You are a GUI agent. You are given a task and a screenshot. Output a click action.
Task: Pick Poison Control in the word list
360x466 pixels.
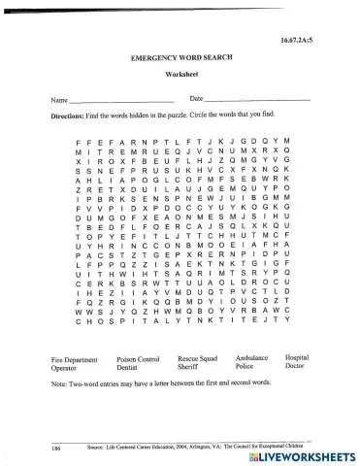138,359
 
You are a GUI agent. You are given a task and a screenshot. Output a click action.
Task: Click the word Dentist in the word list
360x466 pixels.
127,368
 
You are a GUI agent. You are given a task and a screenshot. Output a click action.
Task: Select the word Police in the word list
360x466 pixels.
245,368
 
